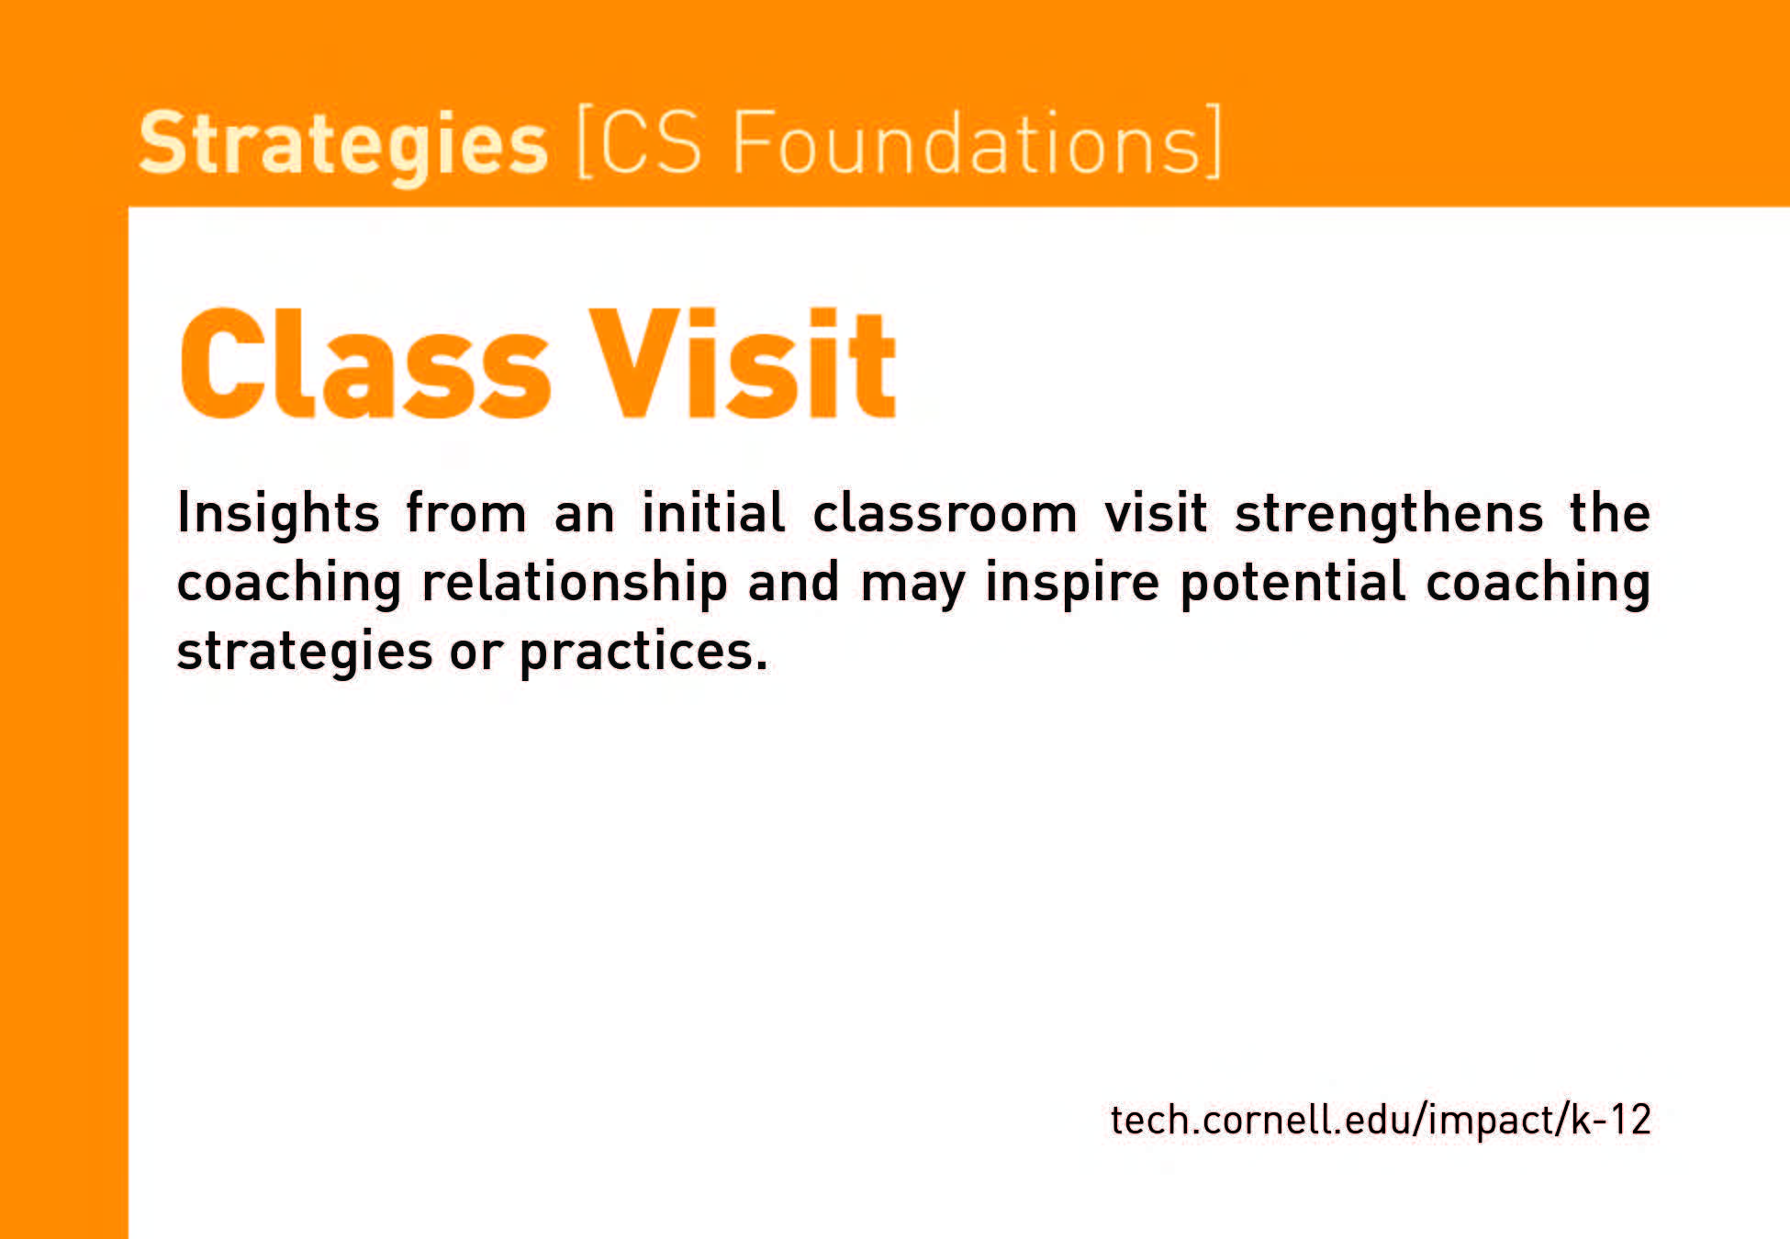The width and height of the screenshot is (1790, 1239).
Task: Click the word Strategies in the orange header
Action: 343,144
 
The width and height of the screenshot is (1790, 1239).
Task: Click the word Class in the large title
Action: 365,363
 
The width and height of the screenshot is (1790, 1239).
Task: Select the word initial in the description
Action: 713,512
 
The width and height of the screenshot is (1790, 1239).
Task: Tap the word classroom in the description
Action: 945,512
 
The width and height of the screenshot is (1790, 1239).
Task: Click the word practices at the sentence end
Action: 643,653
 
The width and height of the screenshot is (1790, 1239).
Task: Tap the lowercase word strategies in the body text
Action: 305,653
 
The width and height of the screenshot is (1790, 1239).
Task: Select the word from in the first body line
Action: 465,512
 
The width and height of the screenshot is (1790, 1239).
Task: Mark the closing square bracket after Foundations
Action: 1212,141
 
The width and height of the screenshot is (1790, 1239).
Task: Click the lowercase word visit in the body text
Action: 1156,512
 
